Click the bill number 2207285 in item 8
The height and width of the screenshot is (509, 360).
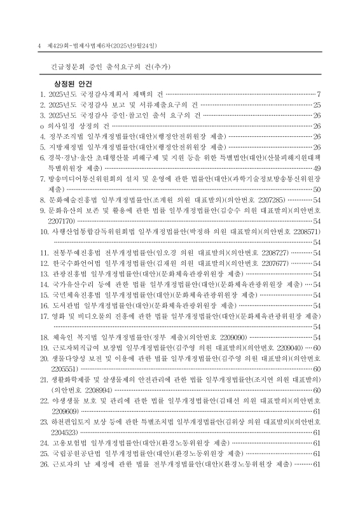(271, 199)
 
